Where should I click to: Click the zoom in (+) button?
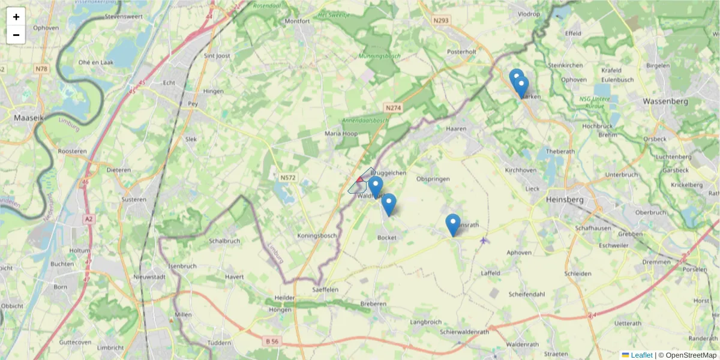(16, 17)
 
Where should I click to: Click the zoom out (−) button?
(16, 35)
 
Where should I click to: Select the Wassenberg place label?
(665, 101)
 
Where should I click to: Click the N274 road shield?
(393, 108)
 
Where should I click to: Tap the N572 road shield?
(287, 178)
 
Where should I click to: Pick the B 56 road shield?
(272, 341)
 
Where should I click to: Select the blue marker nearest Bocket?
(389, 205)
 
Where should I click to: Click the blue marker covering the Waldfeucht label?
(376, 187)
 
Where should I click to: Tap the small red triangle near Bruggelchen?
(359, 179)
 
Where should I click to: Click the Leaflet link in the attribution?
(641, 355)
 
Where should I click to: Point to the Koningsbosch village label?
(317, 236)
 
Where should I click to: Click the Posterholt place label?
(461, 52)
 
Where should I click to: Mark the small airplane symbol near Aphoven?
(484, 241)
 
